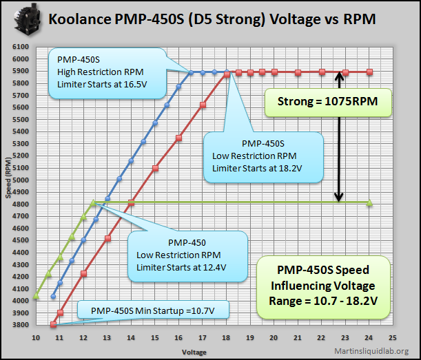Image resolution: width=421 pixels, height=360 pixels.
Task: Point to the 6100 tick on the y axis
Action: click(x=19, y=47)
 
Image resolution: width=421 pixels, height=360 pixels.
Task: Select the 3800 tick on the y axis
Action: click(x=19, y=324)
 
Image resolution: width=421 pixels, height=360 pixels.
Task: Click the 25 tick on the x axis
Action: click(x=393, y=338)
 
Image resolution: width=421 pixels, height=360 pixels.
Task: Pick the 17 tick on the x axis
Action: click(x=203, y=338)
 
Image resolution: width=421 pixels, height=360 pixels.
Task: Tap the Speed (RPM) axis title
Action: click(x=9, y=186)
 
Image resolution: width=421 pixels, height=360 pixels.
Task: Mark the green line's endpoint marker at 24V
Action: click(x=370, y=202)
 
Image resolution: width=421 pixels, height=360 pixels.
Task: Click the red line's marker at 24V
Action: click(x=370, y=72)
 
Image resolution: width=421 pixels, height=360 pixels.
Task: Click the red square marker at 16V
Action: click(x=179, y=138)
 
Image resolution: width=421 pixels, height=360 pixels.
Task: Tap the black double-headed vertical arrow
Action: click(x=339, y=137)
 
